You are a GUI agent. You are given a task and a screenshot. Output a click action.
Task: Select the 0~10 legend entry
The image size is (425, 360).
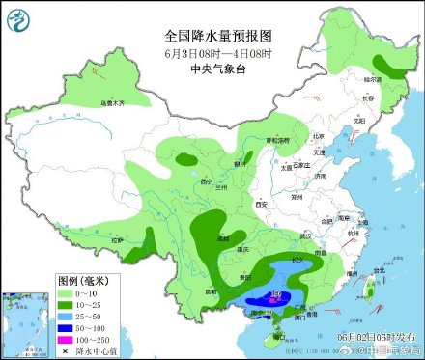tap(82, 291)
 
